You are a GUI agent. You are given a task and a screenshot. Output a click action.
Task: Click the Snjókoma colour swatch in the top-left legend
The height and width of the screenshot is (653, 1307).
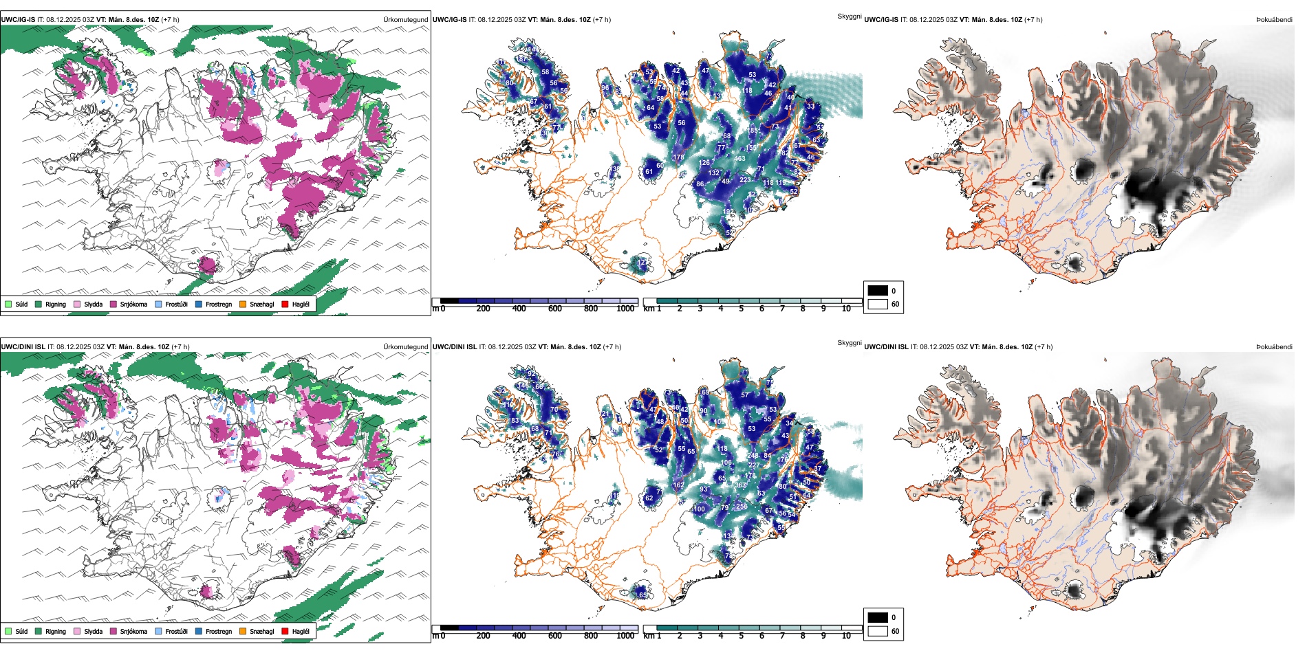(x=114, y=304)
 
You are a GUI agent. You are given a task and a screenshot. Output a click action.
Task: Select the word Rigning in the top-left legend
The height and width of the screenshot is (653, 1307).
(x=56, y=305)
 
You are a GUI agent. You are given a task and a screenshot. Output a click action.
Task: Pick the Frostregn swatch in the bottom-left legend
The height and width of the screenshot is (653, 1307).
(x=199, y=631)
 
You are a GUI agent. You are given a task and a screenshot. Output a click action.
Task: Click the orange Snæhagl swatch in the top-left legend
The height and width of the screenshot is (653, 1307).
(x=243, y=304)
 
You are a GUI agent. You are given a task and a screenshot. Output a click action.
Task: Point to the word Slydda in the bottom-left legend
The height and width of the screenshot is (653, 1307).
(x=94, y=632)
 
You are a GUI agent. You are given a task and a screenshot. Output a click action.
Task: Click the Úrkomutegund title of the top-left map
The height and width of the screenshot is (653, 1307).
(x=405, y=20)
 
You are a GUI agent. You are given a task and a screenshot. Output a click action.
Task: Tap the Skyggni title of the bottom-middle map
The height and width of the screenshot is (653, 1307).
(x=849, y=343)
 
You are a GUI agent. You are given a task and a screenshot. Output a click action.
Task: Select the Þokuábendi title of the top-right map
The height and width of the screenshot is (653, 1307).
(x=1274, y=20)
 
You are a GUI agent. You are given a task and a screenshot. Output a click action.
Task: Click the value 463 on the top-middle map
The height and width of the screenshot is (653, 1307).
(x=739, y=159)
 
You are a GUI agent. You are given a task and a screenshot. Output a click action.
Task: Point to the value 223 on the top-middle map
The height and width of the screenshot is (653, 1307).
(x=745, y=180)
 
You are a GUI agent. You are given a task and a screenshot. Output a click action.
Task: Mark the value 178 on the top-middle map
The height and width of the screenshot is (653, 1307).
(x=678, y=157)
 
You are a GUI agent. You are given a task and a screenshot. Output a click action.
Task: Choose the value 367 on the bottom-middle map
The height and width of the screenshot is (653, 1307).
(x=740, y=485)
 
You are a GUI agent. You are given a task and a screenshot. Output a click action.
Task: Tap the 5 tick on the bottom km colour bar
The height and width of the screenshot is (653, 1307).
(x=742, y=636)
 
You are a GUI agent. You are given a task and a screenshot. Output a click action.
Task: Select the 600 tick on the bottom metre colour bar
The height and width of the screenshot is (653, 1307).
(x=555, y=636)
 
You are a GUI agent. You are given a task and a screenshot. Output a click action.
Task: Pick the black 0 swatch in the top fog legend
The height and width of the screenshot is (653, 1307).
(x=878, y=291)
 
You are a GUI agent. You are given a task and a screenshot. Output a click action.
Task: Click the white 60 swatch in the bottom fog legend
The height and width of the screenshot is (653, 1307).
(x=878, y=631)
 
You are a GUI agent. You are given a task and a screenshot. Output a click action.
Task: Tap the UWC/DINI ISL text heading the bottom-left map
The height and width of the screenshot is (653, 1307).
(x=23, y=347)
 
